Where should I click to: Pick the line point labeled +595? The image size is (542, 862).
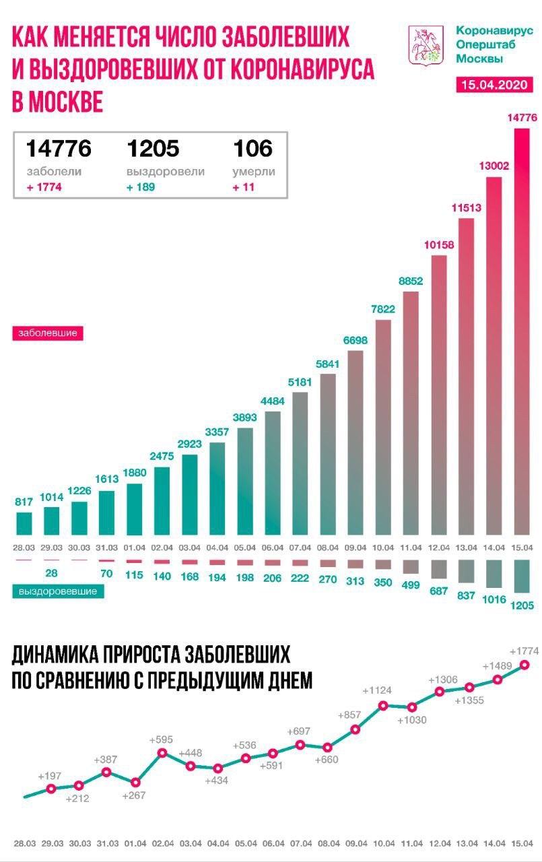[162, 752]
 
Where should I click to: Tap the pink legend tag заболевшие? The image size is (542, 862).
[46, 333]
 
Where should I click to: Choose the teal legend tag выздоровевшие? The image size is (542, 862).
[58, 591]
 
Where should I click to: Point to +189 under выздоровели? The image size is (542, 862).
[140, 187]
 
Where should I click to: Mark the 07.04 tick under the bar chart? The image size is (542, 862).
[300, 546]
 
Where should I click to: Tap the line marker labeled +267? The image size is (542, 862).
[135, 783]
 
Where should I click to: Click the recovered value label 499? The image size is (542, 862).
[411, 584]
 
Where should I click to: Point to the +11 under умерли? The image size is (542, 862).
[243, 187]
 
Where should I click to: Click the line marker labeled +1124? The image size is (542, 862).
[383, 705]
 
